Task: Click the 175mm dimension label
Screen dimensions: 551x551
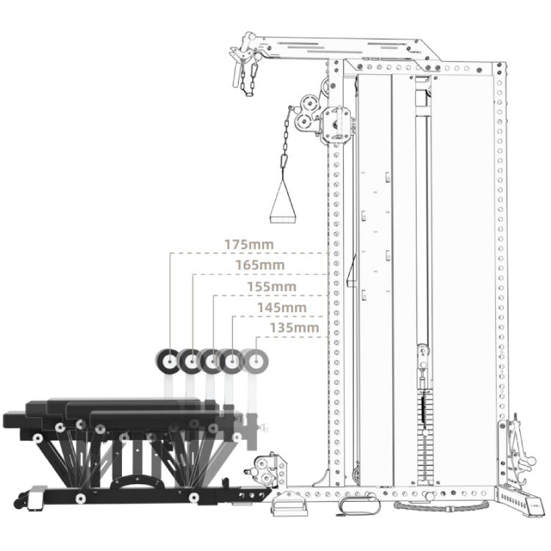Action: [x=249, y=245]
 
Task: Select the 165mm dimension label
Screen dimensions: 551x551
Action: [x=259, y=265]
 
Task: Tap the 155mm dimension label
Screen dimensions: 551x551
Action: [x=272, y=287]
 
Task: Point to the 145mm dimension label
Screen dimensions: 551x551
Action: [x=282, y=308]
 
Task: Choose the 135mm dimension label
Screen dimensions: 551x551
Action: [x=294, y=328]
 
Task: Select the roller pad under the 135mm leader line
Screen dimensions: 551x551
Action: [x=256, y=361]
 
